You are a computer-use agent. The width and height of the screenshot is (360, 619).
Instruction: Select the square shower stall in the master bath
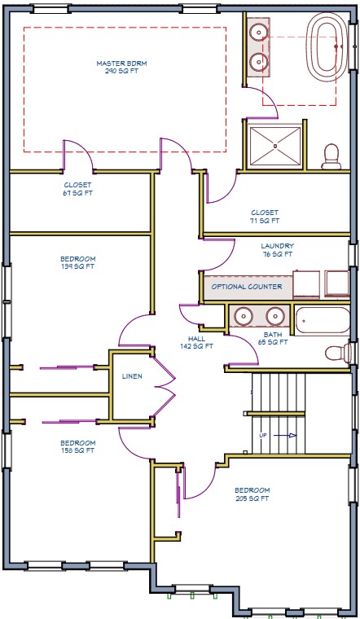coord(275,147)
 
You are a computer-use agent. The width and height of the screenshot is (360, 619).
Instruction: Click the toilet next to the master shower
coord(331,156)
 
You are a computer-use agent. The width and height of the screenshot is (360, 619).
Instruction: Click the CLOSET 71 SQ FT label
coord(265,217)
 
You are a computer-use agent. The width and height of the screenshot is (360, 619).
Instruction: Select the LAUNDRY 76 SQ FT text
coord(277,250)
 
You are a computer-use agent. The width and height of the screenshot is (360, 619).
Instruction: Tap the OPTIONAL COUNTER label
coord(247,287)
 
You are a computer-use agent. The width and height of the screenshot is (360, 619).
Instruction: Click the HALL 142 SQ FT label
coord(195,342)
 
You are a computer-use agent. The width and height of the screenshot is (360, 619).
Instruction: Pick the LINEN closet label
coord(133,377)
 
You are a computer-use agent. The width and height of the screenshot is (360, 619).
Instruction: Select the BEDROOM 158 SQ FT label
coord(77,446)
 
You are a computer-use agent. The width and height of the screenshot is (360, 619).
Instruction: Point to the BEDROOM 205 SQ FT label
coord(252,494)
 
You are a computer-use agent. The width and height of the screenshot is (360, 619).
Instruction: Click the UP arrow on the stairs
coord(275,436)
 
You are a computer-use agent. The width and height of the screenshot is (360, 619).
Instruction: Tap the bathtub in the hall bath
coord(323,323)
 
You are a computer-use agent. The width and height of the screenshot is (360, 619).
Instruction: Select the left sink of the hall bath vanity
coord(243,315)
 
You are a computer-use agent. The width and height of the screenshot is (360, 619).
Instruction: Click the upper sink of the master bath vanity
coord(257,33)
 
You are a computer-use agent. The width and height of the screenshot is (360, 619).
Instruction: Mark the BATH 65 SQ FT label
coord(274,339)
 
